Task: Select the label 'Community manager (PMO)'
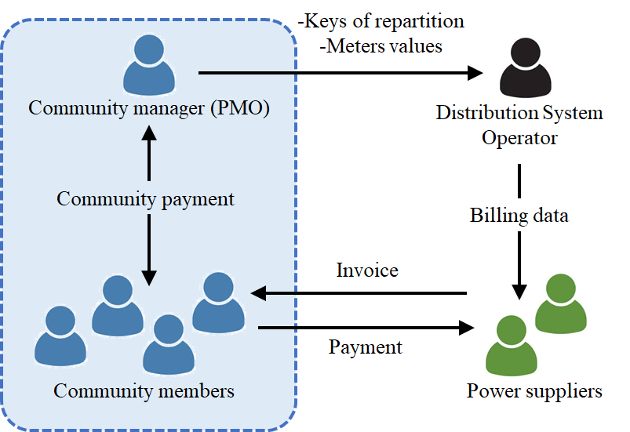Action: click(149, 108)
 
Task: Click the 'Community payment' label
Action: click(145, 199)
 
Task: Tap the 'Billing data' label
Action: click(519, 216)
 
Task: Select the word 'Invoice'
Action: click(367, 270)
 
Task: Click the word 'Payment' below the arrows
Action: click(366, 347)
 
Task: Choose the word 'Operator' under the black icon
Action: click(519, 139)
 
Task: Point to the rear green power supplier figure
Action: click(562, 303)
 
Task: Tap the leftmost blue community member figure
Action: click(60, 336)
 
